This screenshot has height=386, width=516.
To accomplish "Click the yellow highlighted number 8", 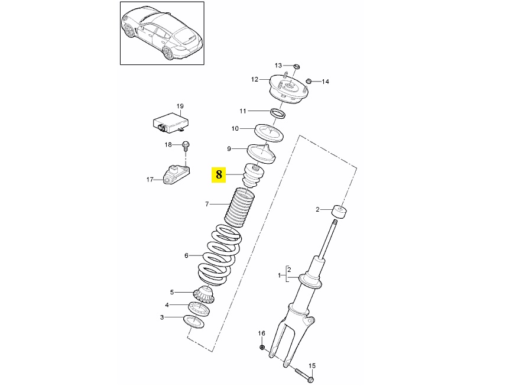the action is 219,174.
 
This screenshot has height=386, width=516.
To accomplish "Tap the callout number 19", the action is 180,106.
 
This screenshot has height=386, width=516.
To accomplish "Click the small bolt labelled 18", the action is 186,147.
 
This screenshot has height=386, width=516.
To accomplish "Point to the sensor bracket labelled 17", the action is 177,174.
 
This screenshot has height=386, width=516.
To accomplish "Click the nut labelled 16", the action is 262,347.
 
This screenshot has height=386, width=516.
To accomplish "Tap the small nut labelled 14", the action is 309,81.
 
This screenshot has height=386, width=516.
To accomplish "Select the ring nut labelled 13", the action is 296,67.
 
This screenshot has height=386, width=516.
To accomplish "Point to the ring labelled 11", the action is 278,113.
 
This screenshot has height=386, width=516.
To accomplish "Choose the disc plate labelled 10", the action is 269,132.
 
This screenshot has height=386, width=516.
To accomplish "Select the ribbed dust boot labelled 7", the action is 239,207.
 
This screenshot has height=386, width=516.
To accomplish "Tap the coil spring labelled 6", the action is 219,254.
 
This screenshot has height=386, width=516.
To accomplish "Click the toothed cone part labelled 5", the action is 205,295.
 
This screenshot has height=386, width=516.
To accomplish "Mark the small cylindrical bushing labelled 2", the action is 340,212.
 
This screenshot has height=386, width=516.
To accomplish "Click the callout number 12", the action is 255,79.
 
